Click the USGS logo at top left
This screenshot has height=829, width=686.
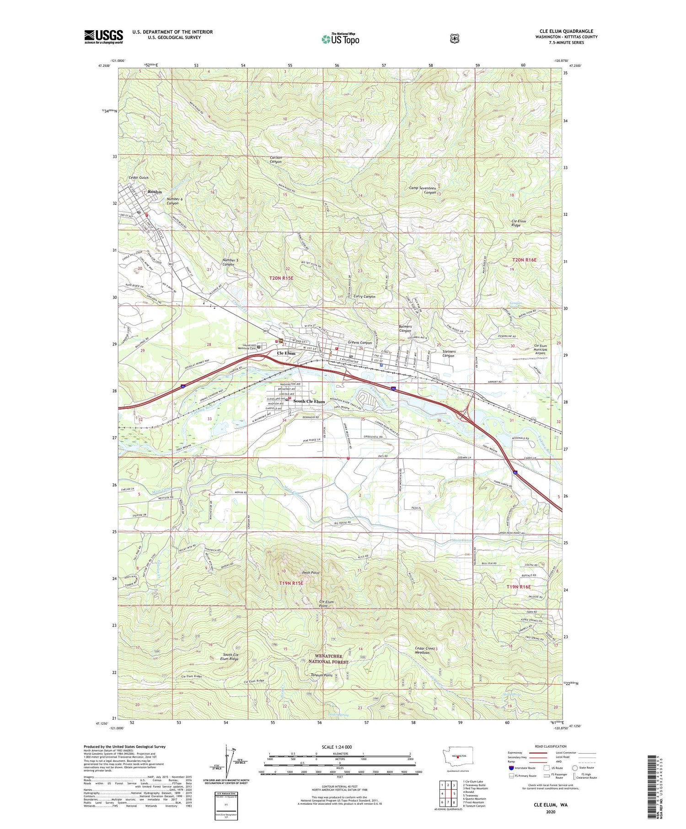click(104, 37)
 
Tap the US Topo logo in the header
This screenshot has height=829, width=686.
click(340, 39)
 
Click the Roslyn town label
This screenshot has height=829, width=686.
click(155, 192)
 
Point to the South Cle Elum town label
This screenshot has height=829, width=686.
click(309, 401)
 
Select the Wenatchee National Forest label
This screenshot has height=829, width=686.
click(328, 659)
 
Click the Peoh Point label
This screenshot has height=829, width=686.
click(311, 573)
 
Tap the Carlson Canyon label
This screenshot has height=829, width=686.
click(276, 160)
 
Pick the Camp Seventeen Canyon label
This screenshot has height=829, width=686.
click(423, 190)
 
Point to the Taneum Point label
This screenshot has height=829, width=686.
click(322, 675)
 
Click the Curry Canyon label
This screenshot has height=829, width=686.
click(364, 297)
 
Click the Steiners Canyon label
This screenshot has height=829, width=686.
click(449, 353)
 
